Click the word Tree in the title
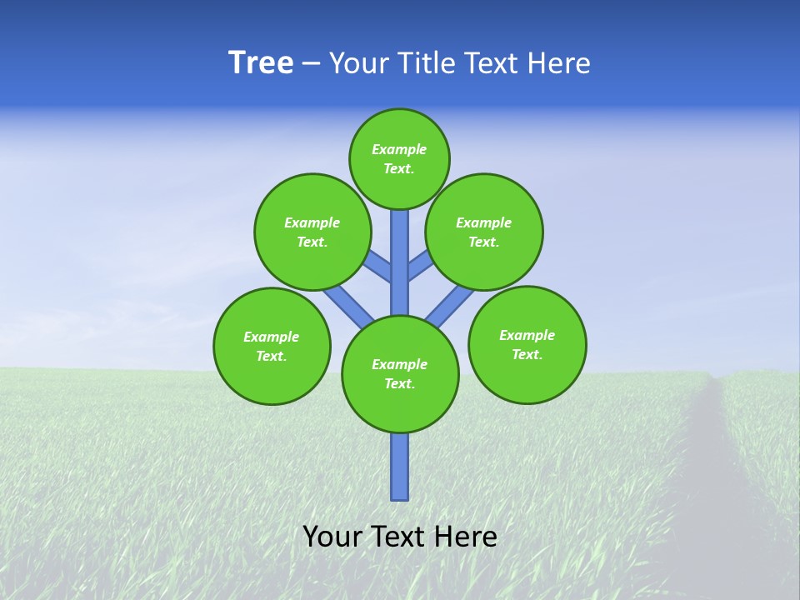tap(261, 63)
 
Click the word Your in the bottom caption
tap(332, 537)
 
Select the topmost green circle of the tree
tap(399, 158)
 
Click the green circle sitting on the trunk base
tap(400, 374)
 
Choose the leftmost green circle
tap(272, 347)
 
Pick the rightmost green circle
tap(527, 345)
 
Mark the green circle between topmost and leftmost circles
tap(312, 232)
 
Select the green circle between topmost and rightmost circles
tap(484, 232)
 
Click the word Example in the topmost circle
tap(399, 149)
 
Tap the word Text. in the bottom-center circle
tap(399, 384)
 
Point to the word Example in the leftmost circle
tap(271, 337)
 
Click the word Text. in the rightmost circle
tap(527, 354)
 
